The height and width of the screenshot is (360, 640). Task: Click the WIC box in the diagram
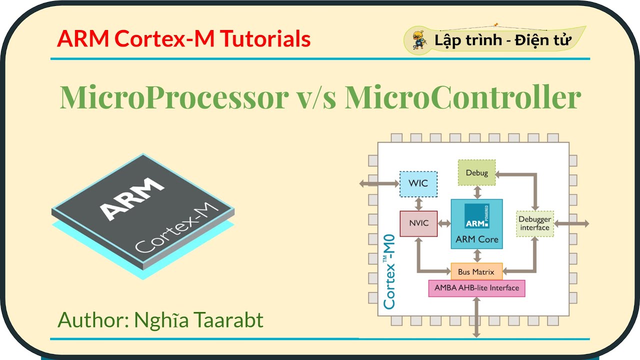418,183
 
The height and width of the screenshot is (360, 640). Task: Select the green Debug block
477,173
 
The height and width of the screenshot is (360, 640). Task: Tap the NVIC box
418,223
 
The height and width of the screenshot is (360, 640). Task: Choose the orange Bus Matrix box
476,272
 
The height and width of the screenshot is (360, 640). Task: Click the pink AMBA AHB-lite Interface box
476,288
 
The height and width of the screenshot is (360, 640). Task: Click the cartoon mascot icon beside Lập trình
418,39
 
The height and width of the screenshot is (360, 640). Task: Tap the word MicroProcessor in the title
172,97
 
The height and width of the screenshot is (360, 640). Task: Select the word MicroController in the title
463,97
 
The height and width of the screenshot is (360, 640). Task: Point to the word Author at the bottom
92,319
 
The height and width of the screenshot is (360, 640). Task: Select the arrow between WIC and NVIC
418,204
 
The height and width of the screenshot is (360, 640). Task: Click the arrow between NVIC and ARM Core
444,223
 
